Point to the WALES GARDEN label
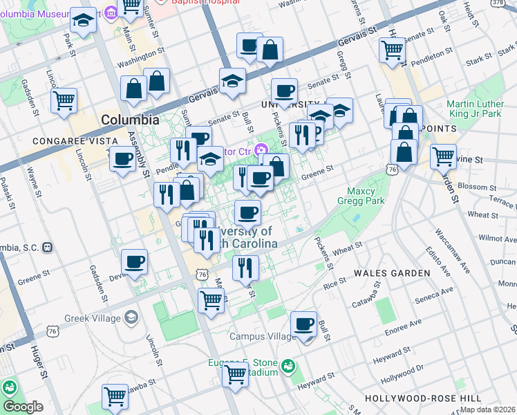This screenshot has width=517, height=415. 392,273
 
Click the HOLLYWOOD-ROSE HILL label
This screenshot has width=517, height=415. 423,399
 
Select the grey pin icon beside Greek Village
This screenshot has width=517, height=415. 131,318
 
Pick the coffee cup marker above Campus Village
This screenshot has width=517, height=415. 303,324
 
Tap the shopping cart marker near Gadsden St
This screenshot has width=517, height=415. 64,100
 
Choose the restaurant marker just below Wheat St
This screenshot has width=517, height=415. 245,266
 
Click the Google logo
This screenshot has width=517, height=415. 23,407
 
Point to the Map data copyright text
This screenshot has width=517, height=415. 487,409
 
